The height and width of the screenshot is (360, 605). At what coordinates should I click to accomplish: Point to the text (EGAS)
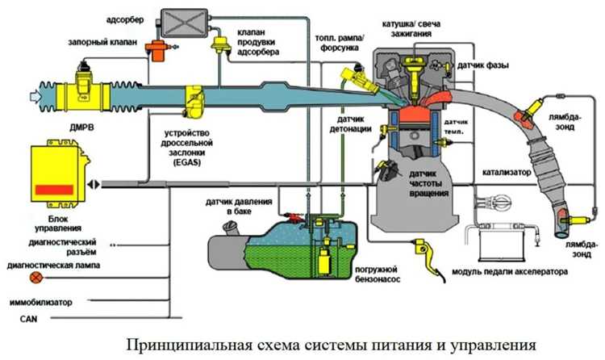186,161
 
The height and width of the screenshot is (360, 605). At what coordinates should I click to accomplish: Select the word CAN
14,319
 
